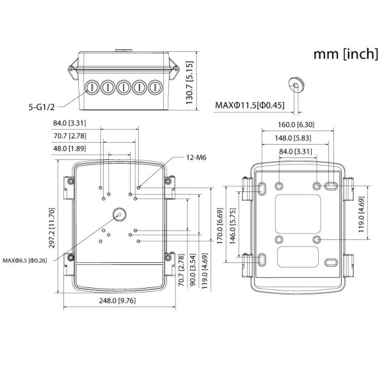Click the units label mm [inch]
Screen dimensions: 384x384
[345, 54]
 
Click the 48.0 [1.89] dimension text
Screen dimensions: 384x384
[70, 148]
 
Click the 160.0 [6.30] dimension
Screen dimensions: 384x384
[296, 125]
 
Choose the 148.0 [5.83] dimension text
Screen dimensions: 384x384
[296, 138]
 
